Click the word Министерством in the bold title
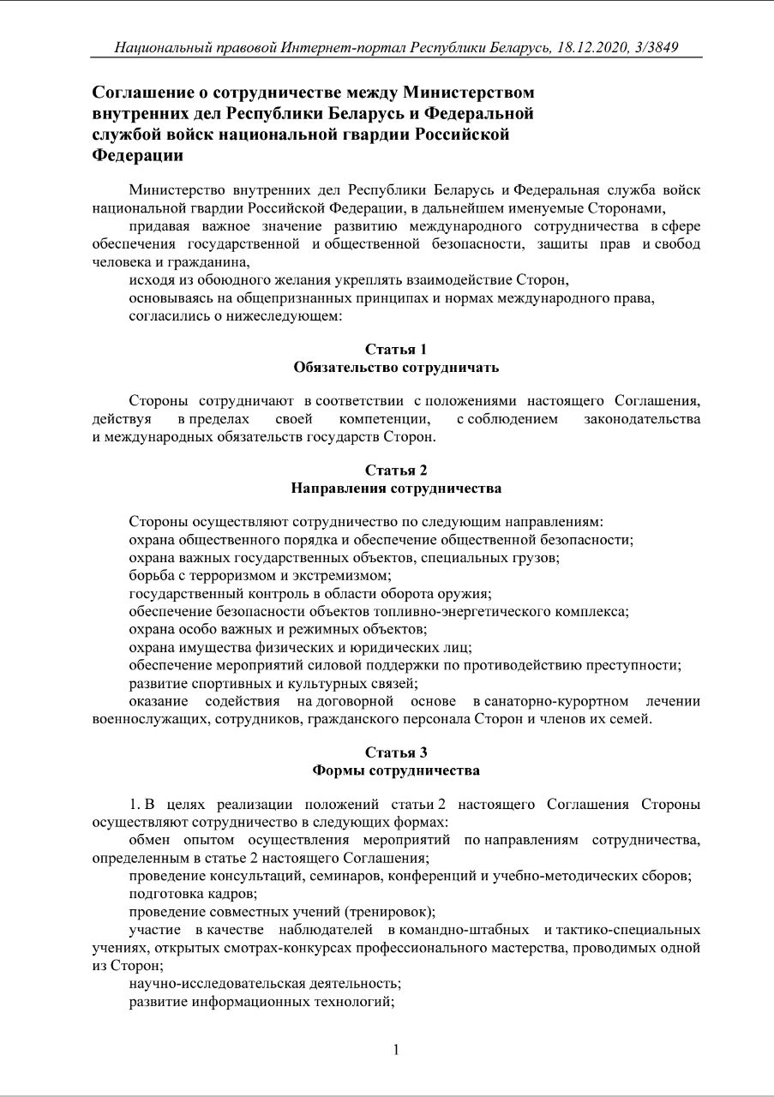468,92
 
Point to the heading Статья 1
396,349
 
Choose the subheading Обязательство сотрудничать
396,367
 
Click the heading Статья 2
396,470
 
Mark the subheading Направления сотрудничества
396,489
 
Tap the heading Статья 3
396,752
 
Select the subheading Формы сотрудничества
396,770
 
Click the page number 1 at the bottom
396,1050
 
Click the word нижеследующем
296,316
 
